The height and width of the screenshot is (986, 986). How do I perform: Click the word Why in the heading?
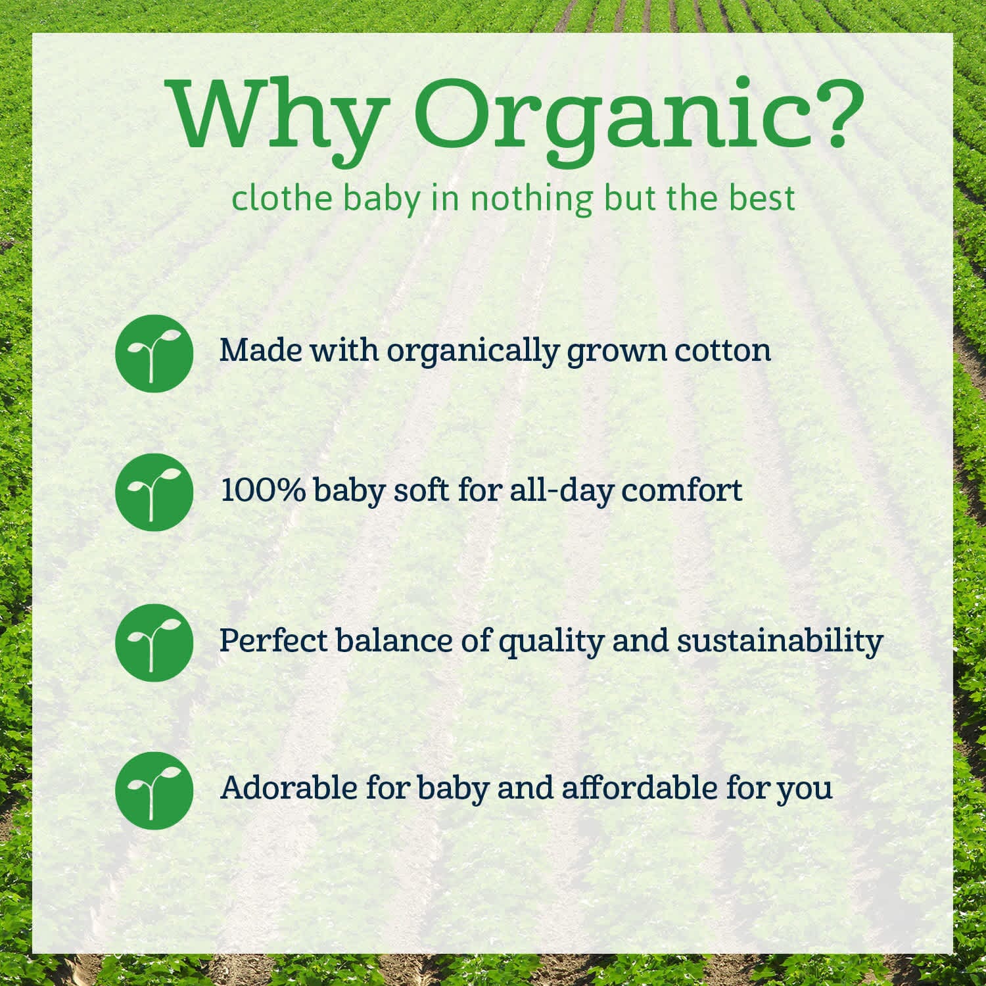point(276,115)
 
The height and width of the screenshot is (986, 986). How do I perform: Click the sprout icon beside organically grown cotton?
point(154,353)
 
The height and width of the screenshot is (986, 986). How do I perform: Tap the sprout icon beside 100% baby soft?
point(154,492)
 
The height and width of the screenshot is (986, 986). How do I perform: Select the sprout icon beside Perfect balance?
point(154,642)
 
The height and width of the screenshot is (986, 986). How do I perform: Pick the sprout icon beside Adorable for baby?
point(154,790)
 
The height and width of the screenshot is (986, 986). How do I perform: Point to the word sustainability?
point(780,642)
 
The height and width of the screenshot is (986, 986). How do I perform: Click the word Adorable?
point(289,787)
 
